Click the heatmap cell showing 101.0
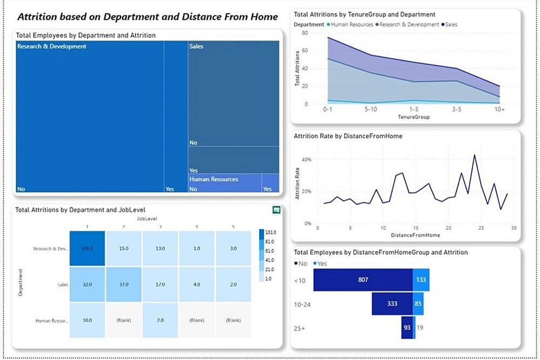pos(87,248)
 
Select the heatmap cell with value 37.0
pos(124,284)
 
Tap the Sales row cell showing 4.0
pos(197,284)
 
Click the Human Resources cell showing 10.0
pos(87,320)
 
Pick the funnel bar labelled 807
pos(363,280)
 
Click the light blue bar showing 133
pos(421,280)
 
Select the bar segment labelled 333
pos(392,304)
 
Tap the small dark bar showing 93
pos(407,328)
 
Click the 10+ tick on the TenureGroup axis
pos(500,109)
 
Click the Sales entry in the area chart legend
pos(452,24)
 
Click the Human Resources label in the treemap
pos(213,179)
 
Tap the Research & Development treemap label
pos(52,47)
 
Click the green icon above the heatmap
pos(276,209)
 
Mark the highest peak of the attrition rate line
pos(474,155)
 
